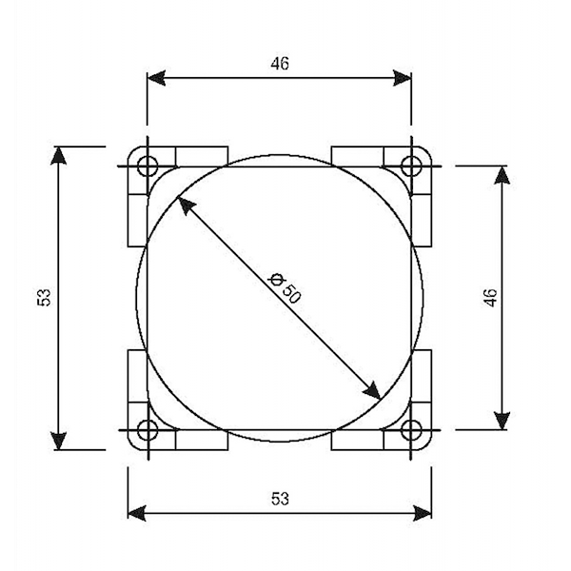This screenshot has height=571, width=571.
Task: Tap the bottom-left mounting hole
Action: click(148, 430)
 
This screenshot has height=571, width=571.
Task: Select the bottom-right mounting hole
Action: click(411, 430)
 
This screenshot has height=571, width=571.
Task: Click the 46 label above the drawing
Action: click(280, 64)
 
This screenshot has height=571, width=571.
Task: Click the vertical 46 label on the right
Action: click(491, 298)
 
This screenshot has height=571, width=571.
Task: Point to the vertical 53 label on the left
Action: click(44, 297)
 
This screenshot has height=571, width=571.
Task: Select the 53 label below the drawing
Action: click(280, 499)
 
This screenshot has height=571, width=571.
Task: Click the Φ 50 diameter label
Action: click(285, 287)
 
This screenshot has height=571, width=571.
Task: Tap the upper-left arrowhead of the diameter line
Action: click(185, 205)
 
